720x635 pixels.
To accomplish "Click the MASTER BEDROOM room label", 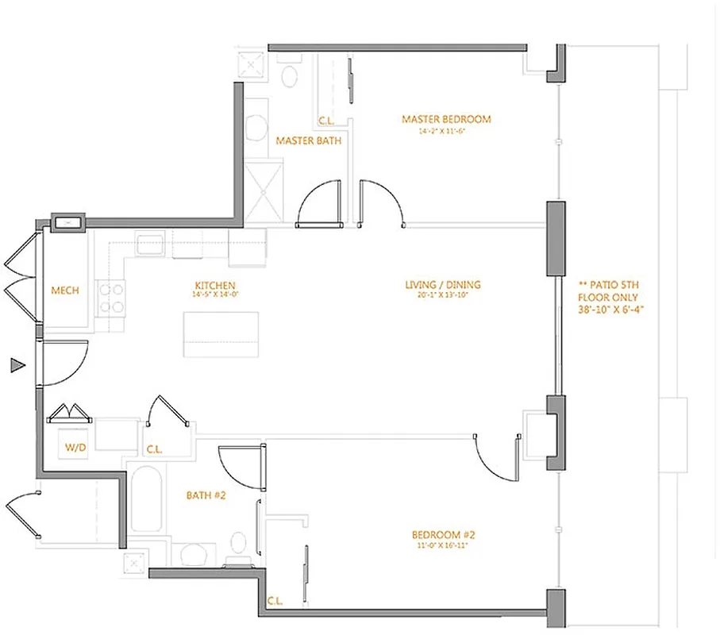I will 446,119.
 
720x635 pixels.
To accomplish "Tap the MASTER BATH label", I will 309,140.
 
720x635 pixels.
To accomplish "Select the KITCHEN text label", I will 214,286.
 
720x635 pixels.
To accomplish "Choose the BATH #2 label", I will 207,495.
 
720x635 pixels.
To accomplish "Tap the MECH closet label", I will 65,291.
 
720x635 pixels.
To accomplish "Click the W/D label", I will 76,448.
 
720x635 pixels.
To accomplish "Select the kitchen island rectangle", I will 221,334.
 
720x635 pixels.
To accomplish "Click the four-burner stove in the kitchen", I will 111,298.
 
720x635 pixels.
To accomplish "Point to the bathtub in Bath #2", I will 144,499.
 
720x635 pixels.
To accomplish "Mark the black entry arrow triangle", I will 17,365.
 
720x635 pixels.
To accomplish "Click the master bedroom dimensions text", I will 446,131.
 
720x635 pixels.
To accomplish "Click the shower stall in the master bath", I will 263,190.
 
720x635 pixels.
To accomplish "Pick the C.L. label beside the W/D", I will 154,449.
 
